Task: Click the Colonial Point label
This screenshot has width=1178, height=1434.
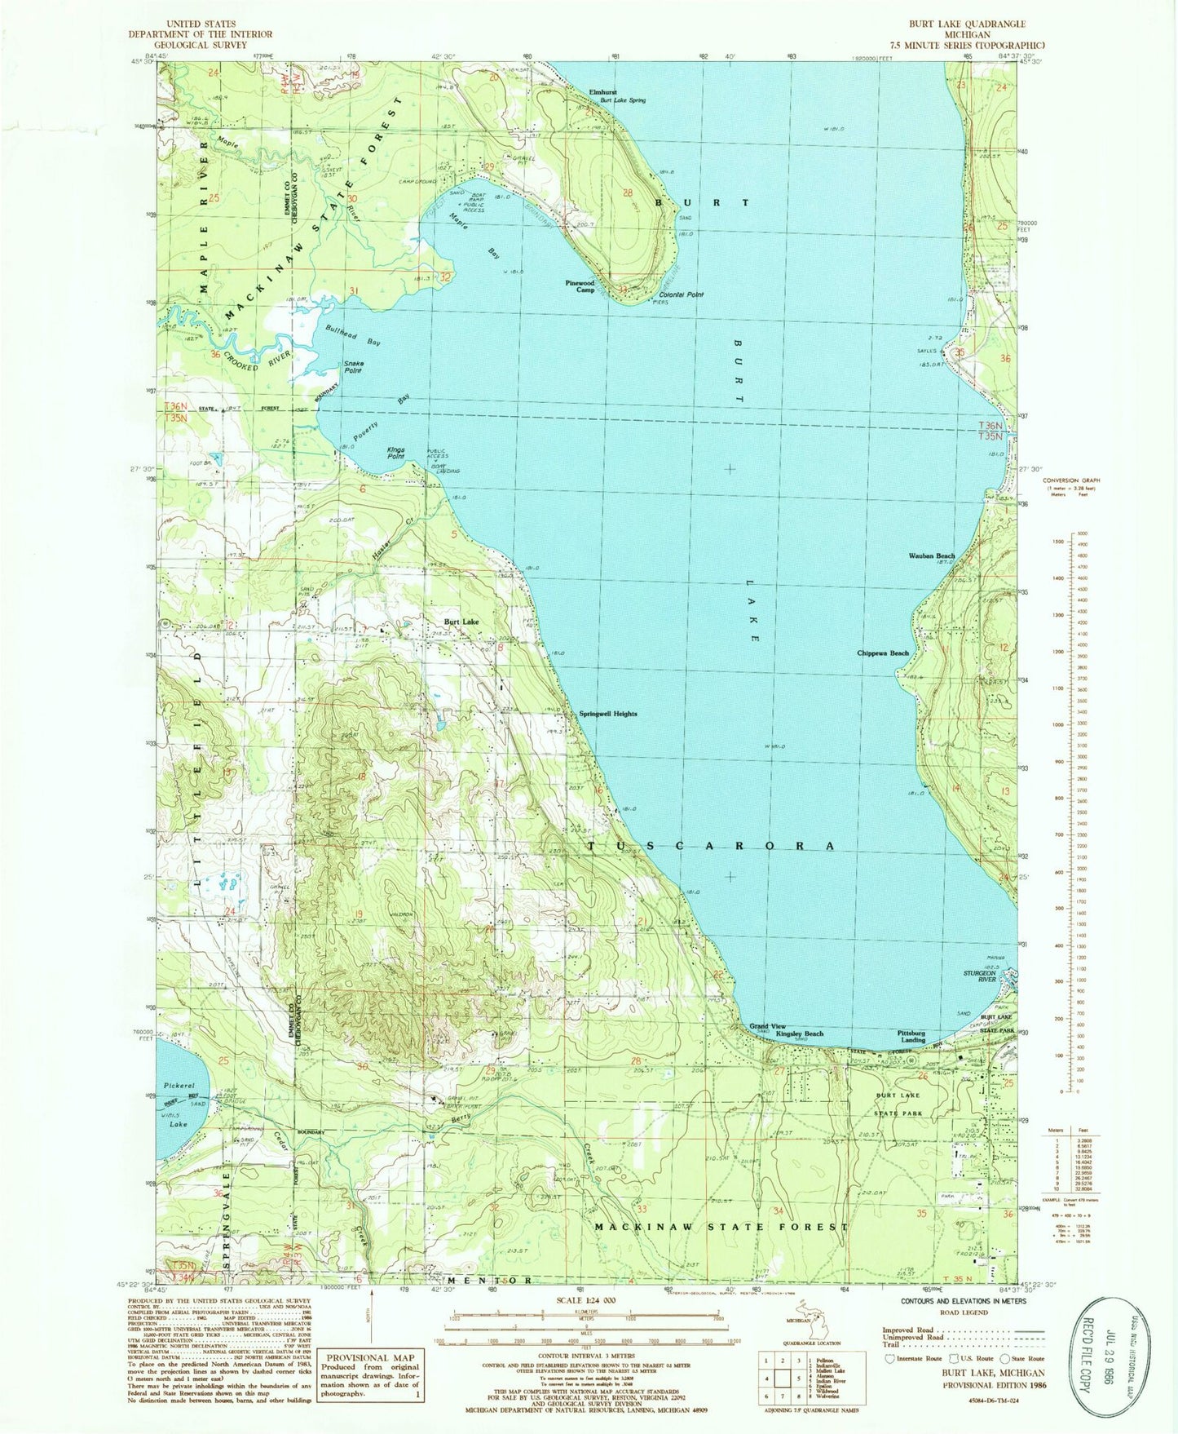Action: click(x=681, y=294)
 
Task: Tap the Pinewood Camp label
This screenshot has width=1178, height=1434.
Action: click(x=580, y=286)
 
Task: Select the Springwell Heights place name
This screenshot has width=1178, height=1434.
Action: click(x=607, y=714)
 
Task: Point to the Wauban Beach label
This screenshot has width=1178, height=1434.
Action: click(x=931, y=555)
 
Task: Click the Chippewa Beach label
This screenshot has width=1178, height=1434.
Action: click(x=883, y=653)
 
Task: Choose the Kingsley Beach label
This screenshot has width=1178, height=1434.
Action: click(x=799, y=1033)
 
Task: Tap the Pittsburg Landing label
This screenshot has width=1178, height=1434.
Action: click(x=911, y=1036)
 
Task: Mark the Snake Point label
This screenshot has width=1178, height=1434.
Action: click(x=353, y=366)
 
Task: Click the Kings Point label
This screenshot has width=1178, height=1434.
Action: click(x=395, y=454)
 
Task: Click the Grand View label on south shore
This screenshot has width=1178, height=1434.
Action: click(x=767, y=1025)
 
